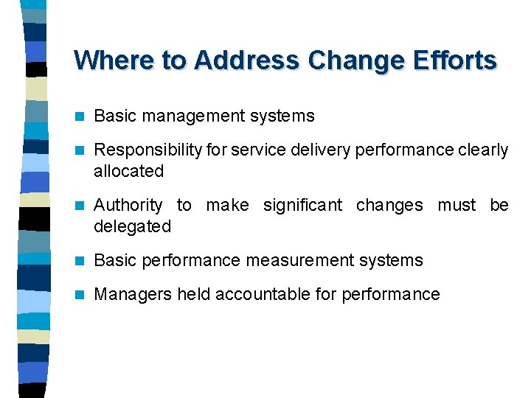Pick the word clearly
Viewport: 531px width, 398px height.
484,150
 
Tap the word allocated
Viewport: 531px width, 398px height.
128,171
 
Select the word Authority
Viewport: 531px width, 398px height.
128,206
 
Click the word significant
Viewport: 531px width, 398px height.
303,206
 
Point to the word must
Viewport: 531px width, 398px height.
457,206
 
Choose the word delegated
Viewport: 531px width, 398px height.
132,226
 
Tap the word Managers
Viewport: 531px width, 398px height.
130,295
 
